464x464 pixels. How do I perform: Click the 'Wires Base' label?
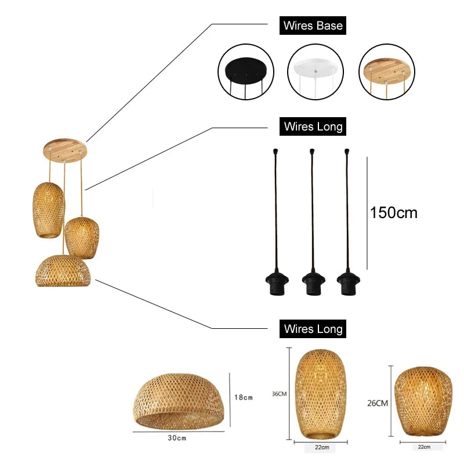pos(313,26)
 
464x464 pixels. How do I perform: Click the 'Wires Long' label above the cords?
pos(313,126)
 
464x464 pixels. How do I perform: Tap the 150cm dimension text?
pos(394,212)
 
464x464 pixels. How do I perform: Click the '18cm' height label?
pos(244,397)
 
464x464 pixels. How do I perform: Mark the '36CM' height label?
pos(279,394)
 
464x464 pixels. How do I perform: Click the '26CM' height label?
pos(377,403)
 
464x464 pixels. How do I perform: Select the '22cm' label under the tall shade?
pos(322,447)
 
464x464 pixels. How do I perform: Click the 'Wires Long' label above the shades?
pos(313,329)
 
